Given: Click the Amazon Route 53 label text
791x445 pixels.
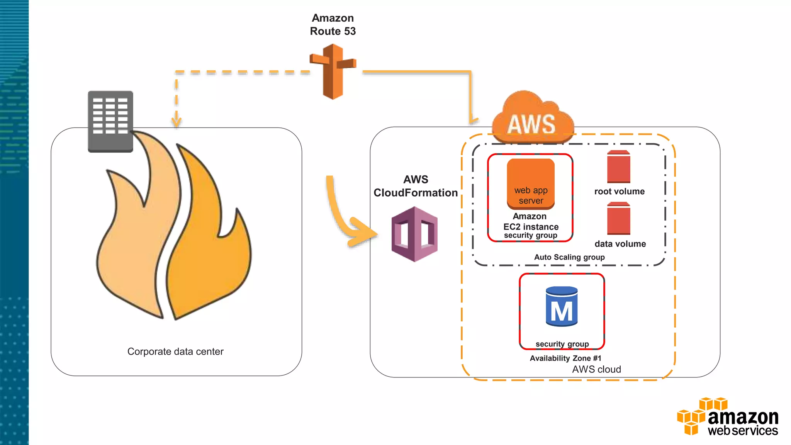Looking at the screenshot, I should pyautogui.click(x=333, y=25).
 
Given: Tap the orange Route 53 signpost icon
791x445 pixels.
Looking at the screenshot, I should pyautogui.click(x=333, y=72).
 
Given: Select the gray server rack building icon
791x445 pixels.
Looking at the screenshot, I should pyautogui.click(x=110, y=121).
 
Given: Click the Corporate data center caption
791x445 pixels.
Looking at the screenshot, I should pyautogui.click(x=175, y=352).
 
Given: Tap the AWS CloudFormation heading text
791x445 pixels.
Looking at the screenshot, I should pyautogui.click(x=416, y=186).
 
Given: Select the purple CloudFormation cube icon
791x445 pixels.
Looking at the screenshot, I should pyautogui.click(x=414, y=234).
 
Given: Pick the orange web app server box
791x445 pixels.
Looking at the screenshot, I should pyautogui.click(x=531, y=184).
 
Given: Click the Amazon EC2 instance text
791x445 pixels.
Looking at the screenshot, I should pyautogui.click(x=531, y=222).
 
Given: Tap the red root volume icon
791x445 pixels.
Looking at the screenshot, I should pyautogui.click(x=618, y=167).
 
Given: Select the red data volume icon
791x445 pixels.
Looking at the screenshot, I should pyautogui.click(x=618, y=219).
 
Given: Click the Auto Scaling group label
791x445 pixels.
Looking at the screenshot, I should pyautogui.click(x=569, y=257).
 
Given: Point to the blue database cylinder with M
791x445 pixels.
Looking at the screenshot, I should pyautogui.click(x=562, y=306).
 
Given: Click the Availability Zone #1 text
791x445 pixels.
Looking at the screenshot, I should pyautogui.click(x=565, y=358).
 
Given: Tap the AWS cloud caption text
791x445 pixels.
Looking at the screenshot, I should pyautogui.click(x=596, y=370).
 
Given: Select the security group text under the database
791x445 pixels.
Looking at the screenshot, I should pyautogui.click(x=562, y=344).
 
